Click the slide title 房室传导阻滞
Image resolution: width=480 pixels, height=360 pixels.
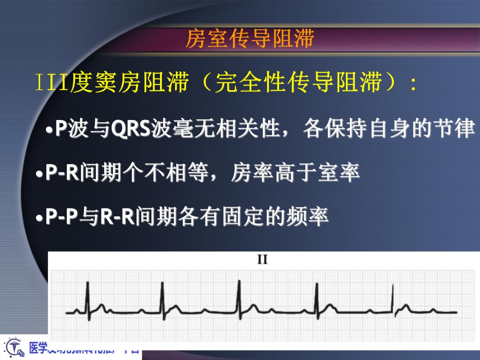[x=249, y=39]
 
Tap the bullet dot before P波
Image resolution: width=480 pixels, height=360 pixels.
[x=50, y=130]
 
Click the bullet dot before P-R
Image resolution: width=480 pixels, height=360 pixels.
[x=40, y=174]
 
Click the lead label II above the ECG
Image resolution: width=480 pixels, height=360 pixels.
[x=263, y=260]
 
